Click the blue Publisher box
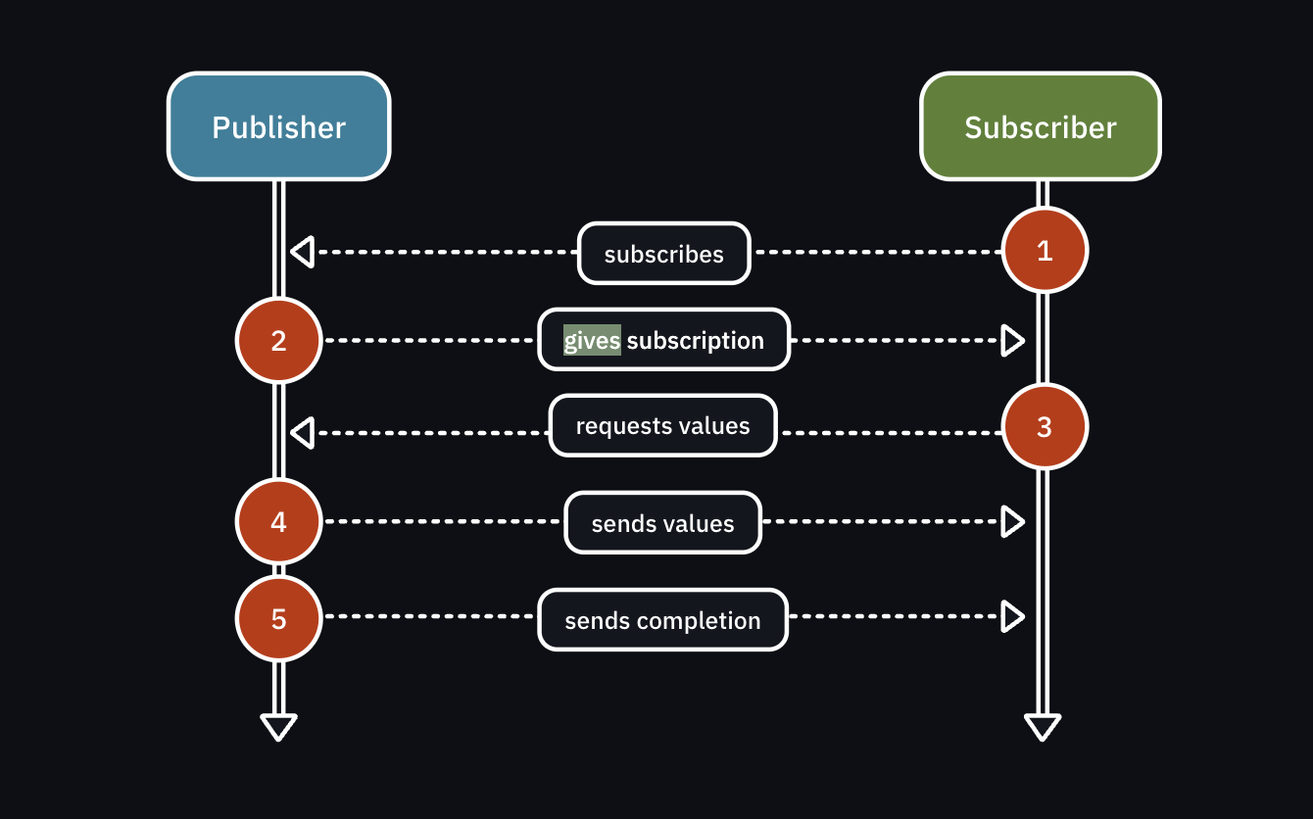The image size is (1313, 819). point(279,126)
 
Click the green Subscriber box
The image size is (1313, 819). point(1041,126)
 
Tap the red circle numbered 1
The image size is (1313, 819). point(1045,251)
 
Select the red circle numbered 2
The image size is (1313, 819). point(279,340)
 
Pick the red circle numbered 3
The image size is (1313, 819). point(1045,426)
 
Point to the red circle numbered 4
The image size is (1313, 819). point(279,521)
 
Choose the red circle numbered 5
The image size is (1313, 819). point(279,618)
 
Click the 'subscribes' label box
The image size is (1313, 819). point(663,254)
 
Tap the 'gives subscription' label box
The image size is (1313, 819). point(663,340)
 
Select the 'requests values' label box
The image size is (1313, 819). point(662,426)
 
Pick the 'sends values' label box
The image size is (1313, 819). point(662,523)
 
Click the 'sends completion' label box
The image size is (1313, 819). point(662,620)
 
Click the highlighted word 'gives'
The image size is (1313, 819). point(592,340)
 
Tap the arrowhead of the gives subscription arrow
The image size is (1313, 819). point(1012,341)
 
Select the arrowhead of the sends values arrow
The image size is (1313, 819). point(1012,522)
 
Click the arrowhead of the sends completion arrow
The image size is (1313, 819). point(1012,616)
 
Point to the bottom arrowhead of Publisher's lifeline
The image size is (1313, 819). point(278,727)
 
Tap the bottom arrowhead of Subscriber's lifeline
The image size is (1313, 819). point(1043,727)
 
